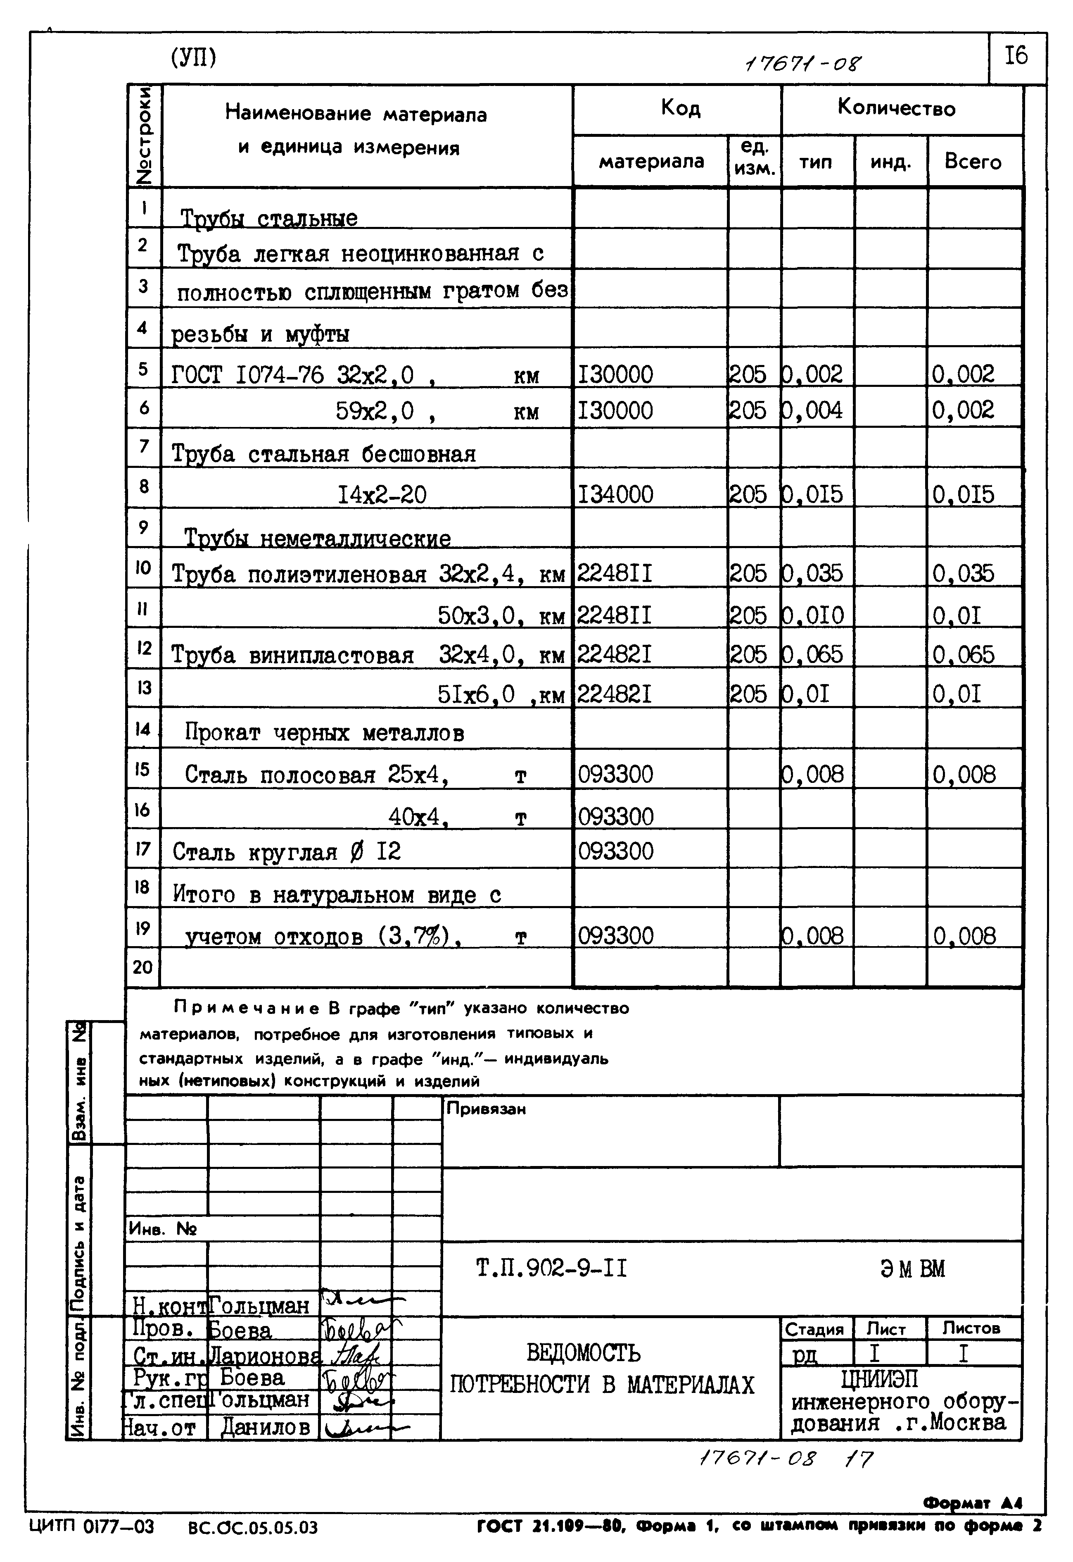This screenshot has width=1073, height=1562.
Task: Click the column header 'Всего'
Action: coord(973,162)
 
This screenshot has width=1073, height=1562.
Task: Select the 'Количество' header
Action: coord(896,108)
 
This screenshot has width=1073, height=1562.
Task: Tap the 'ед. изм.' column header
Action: coord(754,158)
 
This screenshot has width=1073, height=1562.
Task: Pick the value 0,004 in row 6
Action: coord(814,410)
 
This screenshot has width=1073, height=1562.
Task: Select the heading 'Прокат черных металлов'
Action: coord(325,732)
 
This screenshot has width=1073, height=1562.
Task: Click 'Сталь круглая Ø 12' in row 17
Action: coord(286,852)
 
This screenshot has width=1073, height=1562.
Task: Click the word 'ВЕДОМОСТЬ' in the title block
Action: coord(583,1352)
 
